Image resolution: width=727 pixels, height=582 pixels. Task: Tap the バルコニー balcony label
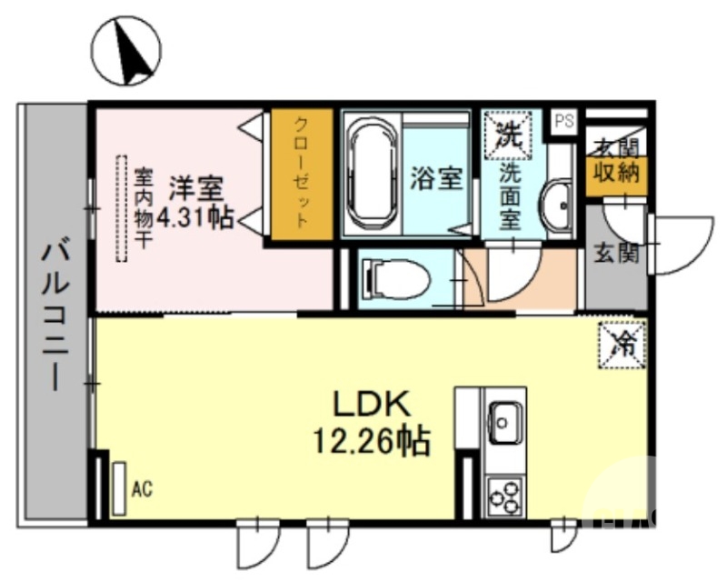pyautogui.click(x=54, y=314)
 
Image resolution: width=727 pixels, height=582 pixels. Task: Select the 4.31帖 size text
pyautogui.click(x=195, y=217)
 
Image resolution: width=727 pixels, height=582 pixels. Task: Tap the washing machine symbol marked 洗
pyautogui.click(x=504, y=134)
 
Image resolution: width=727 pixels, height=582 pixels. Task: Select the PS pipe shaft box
pyautogui.click(x=564, y=121)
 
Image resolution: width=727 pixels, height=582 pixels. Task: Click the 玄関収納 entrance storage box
pyautogui.click(x=616, y=164)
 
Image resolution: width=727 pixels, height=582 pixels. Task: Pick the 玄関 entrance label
pyautogui.click(x=616, y=254)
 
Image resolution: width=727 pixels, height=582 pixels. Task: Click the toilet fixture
pyautogui.click(x=394, y=278)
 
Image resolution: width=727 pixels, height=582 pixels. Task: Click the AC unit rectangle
pyautogui.click(x=119, y=489)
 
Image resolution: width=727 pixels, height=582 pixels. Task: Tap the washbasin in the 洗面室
pyautogui.click(x=556, y=206)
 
